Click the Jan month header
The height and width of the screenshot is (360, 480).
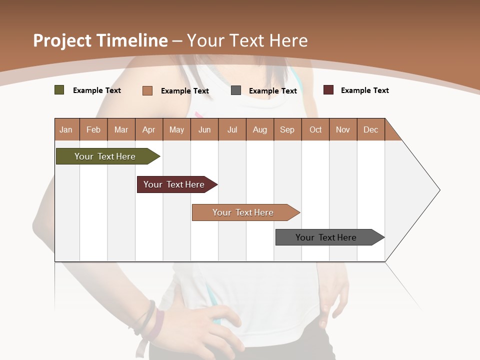click(x=66, y=129)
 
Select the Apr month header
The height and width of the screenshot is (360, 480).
click(x=149, y=129)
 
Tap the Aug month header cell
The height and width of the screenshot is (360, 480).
click(x=260, y=129)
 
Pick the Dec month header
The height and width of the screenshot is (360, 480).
click(x=371, y=129)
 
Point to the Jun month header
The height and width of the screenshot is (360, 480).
click(x=204, y=129)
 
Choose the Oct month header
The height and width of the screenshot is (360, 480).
click(x=315, y=129)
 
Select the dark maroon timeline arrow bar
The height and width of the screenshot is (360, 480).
click(x=175, y=184)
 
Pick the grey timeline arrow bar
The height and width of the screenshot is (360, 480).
click(x=328, y=237)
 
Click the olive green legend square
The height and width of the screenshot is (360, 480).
click(x=59, y=90)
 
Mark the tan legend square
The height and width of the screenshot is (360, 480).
click(x=147, y=90)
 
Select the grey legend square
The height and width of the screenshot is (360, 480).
click(x=236, y=90)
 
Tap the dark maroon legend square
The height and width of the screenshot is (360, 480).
click(x=328, y=90)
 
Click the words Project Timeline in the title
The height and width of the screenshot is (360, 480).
click(x=100, y=40)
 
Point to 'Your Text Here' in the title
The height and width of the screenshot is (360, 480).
click(x=247, y=40)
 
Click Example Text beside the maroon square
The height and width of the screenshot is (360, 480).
click(x=364, y=90)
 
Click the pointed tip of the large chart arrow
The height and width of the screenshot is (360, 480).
click(x=438, y=190)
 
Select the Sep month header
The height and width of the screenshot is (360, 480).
click(x=287, y=129)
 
